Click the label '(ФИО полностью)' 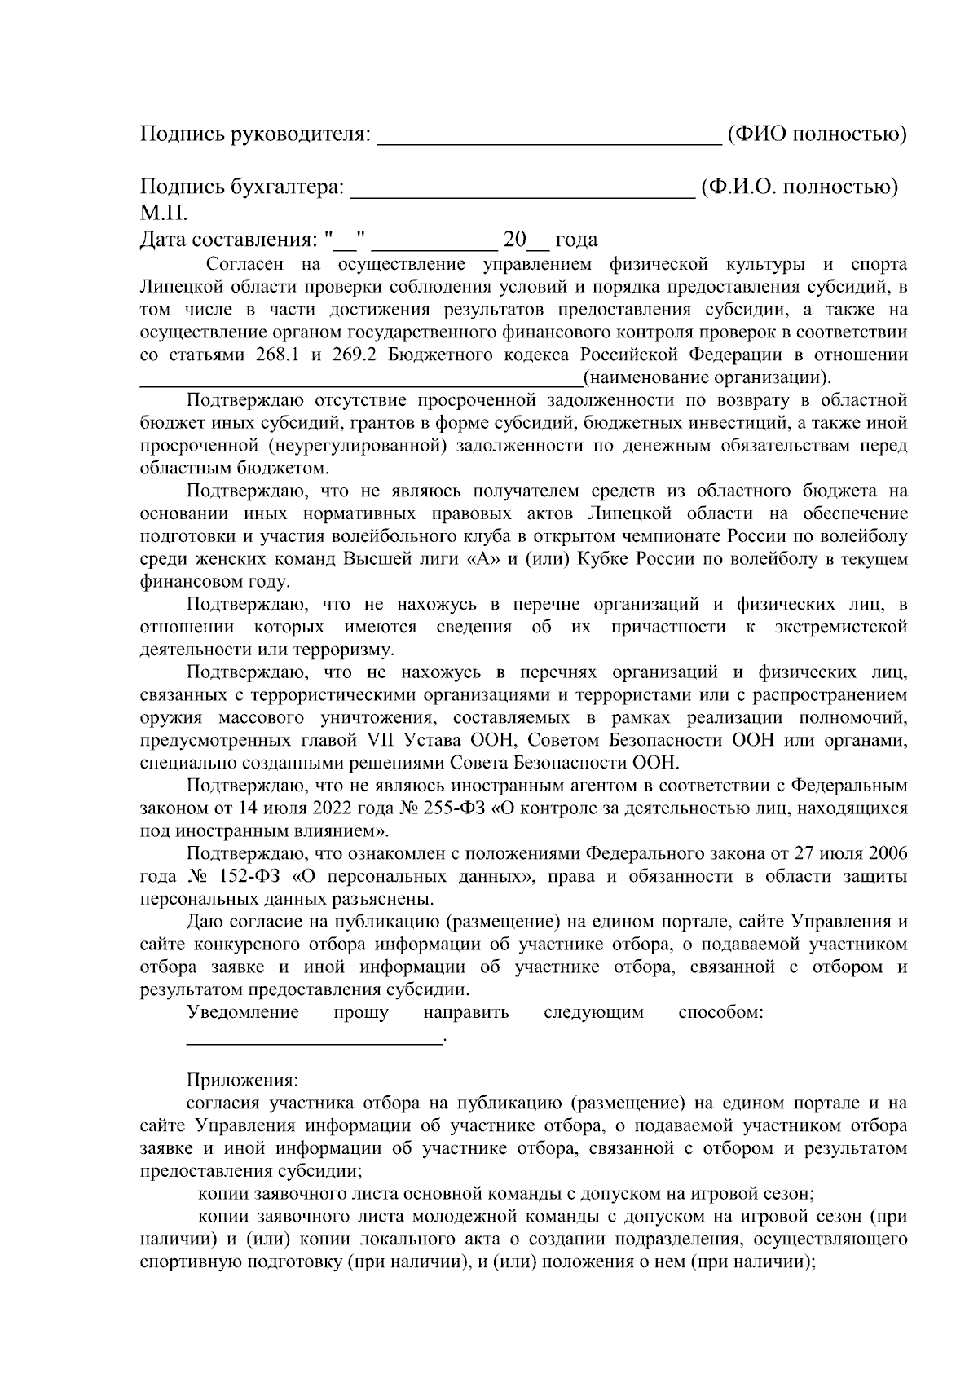(817, 134)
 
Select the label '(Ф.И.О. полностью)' (800, 187)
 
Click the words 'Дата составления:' (227, 240)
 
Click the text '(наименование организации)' (707, 377)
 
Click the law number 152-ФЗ (245, 877)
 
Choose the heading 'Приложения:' (243, 1081)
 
